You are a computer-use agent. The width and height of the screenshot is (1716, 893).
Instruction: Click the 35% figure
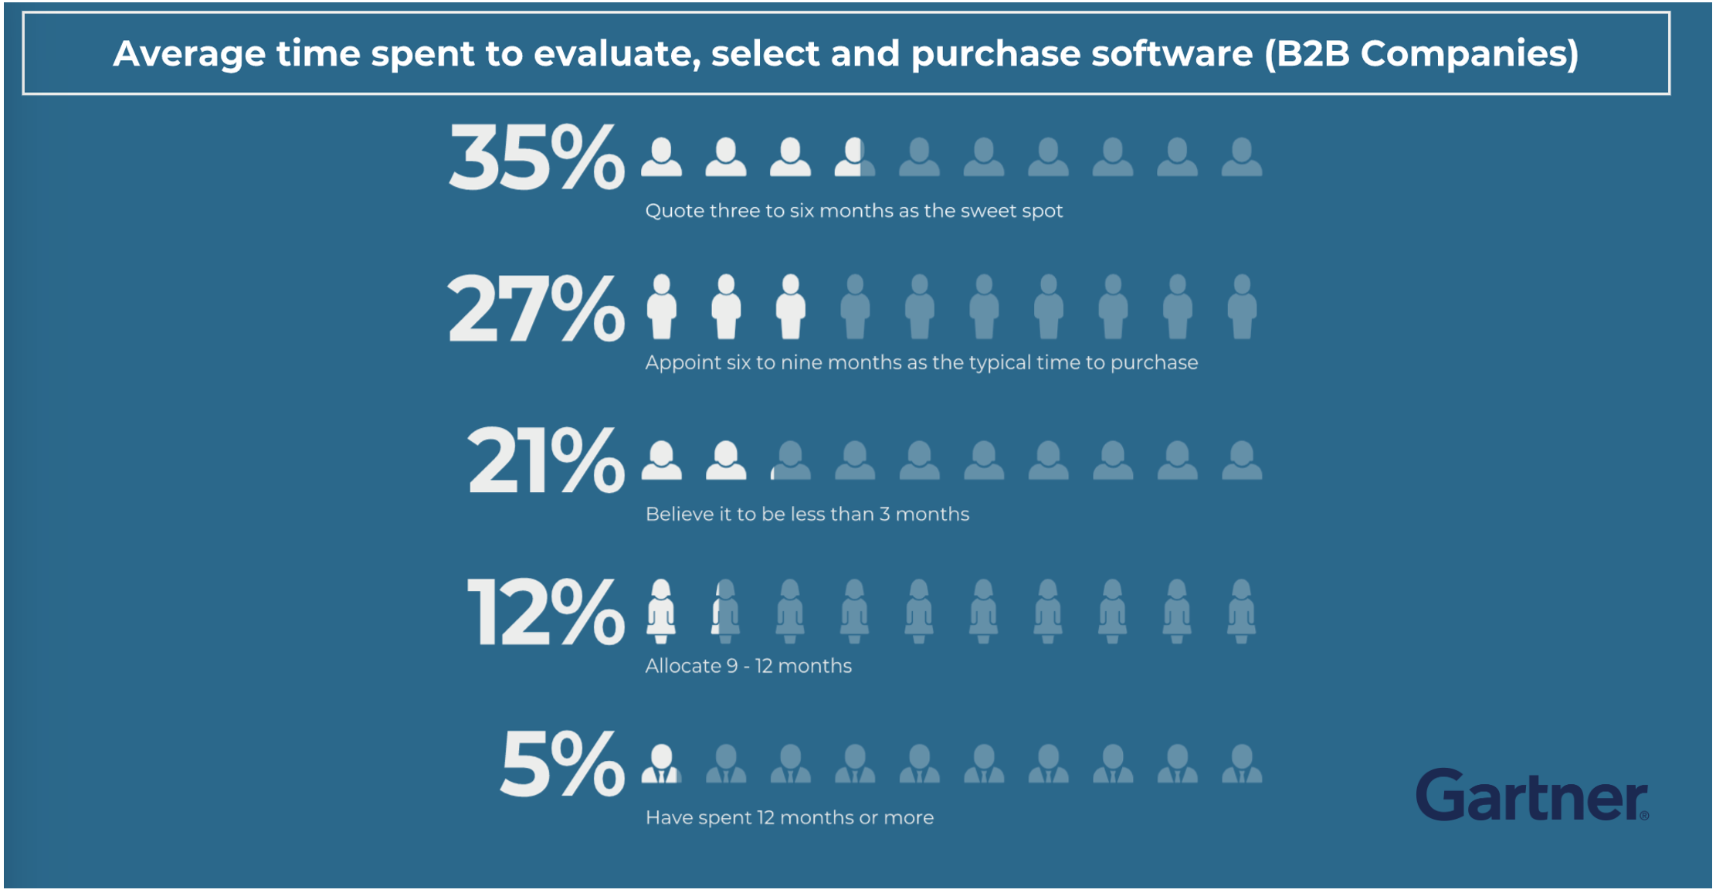point(536,158)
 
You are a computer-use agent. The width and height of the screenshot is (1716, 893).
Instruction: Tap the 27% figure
point(536,309)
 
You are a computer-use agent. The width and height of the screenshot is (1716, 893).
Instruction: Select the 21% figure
point(545,461)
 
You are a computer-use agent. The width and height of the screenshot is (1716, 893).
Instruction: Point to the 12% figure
point(545,613)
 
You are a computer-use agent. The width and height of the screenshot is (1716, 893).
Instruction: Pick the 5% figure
point(562,765)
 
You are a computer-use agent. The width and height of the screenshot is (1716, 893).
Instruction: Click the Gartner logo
point(1531,796)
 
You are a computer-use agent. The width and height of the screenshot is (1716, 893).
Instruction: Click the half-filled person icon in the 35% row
point(854,158)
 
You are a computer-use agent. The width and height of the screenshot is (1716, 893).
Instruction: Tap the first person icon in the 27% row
point(662,307)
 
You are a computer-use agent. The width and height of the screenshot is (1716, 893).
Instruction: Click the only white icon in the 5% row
point(662,764)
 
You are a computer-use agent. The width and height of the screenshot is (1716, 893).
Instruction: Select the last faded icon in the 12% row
point(1241,611)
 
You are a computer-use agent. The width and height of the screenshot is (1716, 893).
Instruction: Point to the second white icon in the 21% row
point(726,460)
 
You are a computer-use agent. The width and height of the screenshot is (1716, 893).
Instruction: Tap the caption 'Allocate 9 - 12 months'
point(748,666)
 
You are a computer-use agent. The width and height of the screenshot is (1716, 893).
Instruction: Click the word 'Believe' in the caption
point(675,514)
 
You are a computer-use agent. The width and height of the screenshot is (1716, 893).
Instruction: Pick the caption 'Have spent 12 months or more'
point(789,817)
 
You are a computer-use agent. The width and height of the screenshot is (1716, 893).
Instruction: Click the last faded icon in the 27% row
point(1242,307)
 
